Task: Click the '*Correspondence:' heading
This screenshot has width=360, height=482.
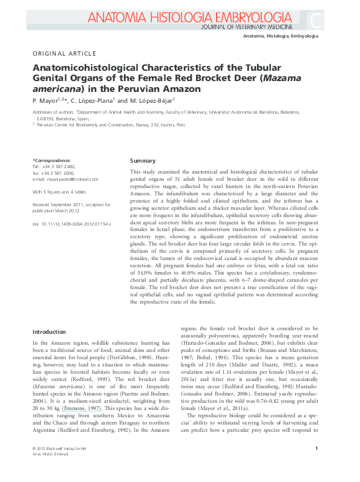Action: (x=52, y=160)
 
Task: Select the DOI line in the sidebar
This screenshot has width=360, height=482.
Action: (x=63, y=224)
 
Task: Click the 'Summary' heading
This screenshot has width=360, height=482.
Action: (x=143, y=161)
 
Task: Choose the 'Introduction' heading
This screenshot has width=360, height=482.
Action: (x=49, y=331)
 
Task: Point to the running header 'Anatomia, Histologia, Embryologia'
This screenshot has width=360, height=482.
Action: (x=280, y=36)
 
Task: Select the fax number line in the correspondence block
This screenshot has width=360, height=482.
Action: (x=54, y=172)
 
